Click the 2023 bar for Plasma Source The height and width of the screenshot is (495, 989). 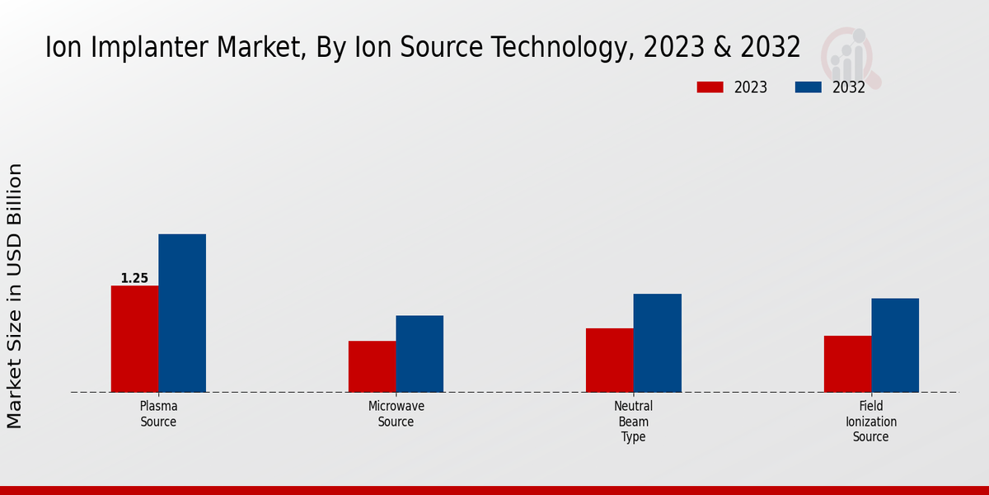tap(134, 338)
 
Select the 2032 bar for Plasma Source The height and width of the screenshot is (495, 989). tap(182, 313)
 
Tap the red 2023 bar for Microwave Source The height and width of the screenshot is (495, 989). tap(372, 366)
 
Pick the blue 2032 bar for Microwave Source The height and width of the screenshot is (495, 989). tap(420, 353)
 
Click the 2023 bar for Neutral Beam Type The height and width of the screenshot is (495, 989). tap(610, 360)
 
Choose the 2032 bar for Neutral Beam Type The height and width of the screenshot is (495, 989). tap(658, 342)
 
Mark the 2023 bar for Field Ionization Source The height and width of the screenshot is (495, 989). tap(847, 364)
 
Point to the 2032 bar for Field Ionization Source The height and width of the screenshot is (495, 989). tap(895, 345)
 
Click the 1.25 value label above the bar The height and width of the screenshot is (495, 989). tap(134, 278)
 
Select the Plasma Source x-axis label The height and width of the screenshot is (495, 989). tap(158, 414)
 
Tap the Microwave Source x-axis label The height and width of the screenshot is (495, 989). tap(396, 414)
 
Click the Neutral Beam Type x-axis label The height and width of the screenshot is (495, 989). tap(633, 422)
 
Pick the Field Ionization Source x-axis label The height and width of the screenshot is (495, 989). tap(871, 422)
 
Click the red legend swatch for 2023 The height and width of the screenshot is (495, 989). tap(710, 87)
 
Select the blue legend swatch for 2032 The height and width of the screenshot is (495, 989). tap(809, 87)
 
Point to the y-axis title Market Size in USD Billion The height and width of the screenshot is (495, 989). tap(15, 295)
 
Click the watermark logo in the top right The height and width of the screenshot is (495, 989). tap(851, 56)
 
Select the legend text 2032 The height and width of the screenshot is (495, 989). tap(849, 87)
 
